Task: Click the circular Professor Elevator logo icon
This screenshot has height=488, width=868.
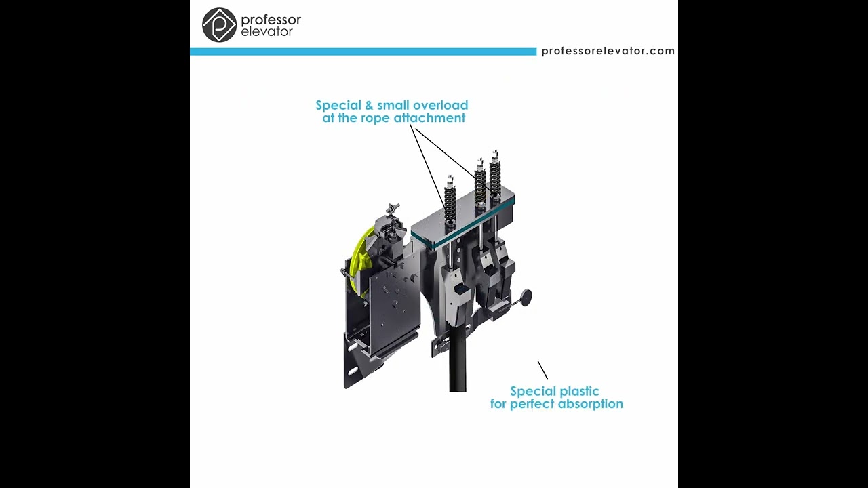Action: point(219,25)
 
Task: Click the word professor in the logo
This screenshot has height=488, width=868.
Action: point(271,20)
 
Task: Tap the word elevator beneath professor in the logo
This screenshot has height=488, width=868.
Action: point(267,32)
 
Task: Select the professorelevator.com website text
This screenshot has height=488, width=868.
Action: point(608,51)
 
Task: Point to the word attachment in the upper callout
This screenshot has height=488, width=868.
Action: point(431,118)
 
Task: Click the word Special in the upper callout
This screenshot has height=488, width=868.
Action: point(339,106)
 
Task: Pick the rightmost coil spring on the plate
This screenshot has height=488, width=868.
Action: point(495,176)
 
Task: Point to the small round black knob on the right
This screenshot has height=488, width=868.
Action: point(526,297)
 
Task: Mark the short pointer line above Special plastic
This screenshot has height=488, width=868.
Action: point(542,369)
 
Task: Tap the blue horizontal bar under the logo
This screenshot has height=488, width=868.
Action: point(363,52)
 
